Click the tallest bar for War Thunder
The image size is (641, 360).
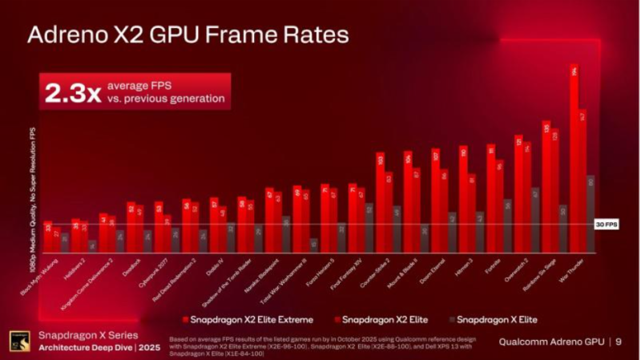pos(574,160)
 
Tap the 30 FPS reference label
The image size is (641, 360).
pos(607,224)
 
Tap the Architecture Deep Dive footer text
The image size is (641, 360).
pos(87,346)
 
